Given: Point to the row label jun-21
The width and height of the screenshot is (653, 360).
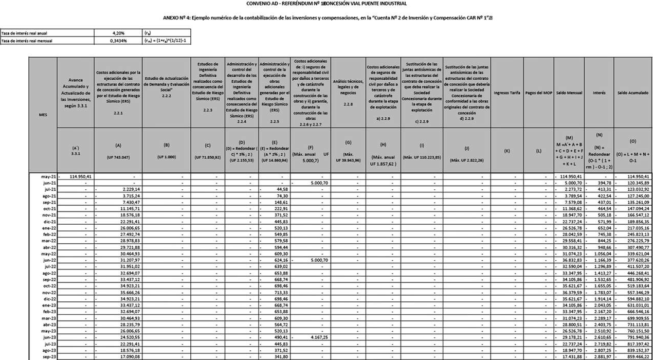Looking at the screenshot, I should pos(49,183).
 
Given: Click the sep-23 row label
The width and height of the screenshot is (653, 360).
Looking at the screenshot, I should pos(49,356).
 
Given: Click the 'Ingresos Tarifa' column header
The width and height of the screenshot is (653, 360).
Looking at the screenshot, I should pos(506,93).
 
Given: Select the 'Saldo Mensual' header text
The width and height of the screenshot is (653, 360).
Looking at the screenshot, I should pos(568,93).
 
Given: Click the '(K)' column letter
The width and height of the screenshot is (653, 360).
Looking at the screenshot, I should pos(506,151).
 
